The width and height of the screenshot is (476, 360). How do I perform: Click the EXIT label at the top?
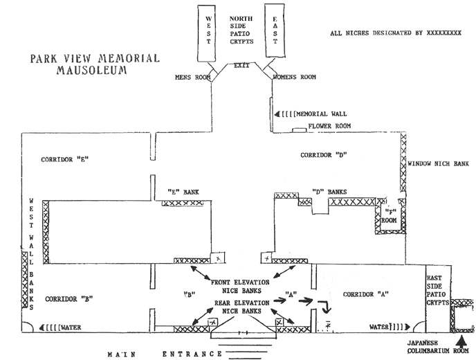(241, 65)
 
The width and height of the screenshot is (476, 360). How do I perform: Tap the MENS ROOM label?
(193, 78)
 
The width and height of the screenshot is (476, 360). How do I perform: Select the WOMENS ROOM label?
(295, 77)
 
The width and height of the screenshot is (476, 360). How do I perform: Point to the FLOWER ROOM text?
(329, 126)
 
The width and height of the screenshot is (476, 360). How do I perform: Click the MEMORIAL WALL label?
(322, 114)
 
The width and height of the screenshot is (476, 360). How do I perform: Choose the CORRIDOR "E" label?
(65, 159)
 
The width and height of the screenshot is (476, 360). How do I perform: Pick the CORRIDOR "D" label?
(324, 155)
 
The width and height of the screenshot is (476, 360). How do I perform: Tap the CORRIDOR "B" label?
(69, 299)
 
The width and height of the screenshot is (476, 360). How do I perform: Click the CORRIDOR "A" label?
(366, 294)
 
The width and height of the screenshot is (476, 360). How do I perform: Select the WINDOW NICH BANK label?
(439, 164)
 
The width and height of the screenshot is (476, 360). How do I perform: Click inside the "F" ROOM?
(390, 216)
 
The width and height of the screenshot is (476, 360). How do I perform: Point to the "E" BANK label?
(183, 192)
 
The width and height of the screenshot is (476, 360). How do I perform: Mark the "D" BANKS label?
(329, 192)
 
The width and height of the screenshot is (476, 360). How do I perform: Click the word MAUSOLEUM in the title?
(92, 70)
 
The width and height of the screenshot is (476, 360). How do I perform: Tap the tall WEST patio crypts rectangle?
(207, 33)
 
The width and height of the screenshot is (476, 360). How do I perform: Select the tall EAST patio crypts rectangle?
(275, 30)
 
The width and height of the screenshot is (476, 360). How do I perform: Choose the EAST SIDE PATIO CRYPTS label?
(437, 291)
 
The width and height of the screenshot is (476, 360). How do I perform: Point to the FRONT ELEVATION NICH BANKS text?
(241, 287)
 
